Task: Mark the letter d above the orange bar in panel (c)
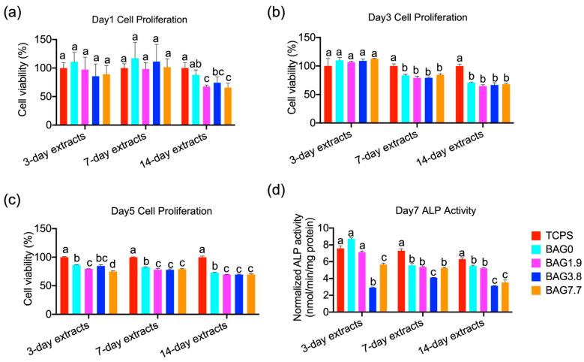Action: point(112,264)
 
